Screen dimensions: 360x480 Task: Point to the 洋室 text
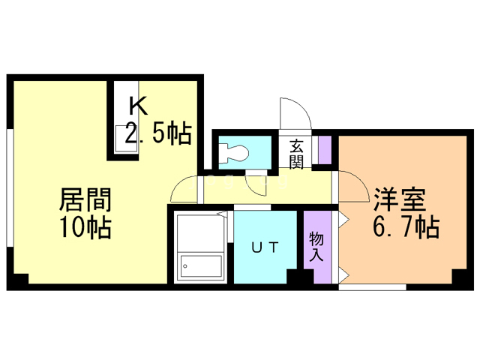400,200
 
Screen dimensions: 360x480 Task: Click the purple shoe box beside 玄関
325,151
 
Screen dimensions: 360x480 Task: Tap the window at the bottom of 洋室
372,286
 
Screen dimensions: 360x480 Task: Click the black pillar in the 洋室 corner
460,278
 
